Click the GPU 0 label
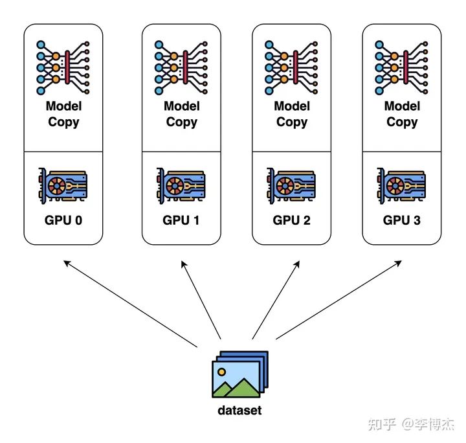point(63,220)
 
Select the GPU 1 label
point(181,220)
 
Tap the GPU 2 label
point(291,220)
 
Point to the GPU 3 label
point(401,220)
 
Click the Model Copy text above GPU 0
point(63,114)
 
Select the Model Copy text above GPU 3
point(401,114)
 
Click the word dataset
point(239,410)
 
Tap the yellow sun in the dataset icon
point(222,373)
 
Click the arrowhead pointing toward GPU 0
point(66,263)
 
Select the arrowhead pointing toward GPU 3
point(398,263)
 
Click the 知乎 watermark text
point(382,424)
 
